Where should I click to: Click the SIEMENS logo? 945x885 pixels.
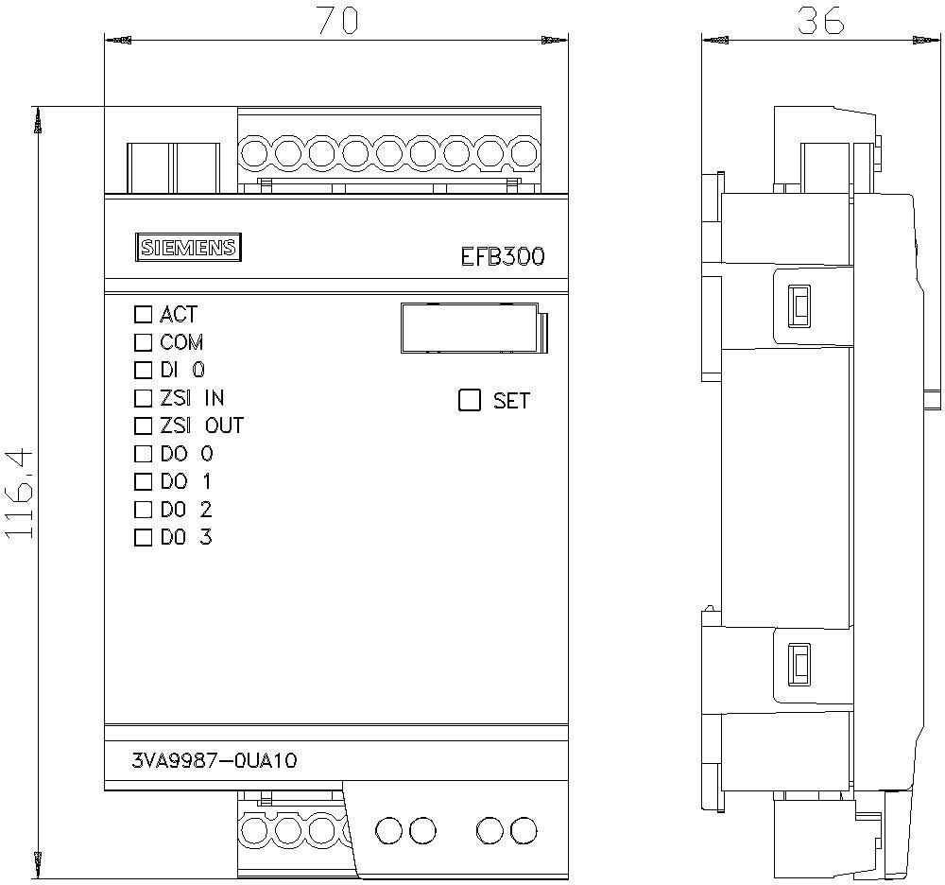(187, 248)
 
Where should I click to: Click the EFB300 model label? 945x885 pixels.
(502, 256)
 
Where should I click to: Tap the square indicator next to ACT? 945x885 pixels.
(144, 314)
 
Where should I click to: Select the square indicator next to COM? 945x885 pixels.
(144, 341)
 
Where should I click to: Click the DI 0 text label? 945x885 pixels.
(182, 370)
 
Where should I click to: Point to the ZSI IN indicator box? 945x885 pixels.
(144, 398)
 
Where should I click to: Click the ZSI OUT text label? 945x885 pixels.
(201, 425)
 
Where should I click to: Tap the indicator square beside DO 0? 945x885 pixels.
(144, 454)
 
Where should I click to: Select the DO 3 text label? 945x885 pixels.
(186, 538)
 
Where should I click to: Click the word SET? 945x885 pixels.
(511, 401)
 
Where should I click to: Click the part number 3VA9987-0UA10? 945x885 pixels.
(215, 760)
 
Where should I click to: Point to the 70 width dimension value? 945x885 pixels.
(336, 21)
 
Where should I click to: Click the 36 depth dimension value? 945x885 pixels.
(819, 21)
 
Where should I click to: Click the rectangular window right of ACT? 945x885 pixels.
(470, 328)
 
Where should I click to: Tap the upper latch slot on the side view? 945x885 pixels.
(799, 305)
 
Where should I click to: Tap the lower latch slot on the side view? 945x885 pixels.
(799, 665)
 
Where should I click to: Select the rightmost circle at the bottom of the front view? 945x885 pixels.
(523, 830)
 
